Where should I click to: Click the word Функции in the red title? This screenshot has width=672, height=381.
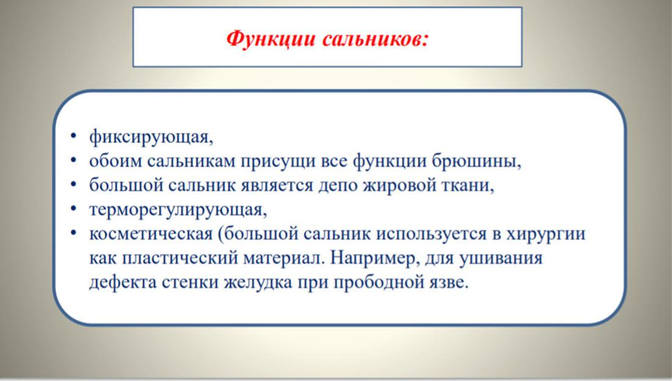tap(271, 39)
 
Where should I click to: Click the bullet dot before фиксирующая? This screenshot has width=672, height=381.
tap(74, 137)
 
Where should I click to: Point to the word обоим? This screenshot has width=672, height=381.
tap(115, 162)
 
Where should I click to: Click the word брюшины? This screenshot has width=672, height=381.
tap(476, 162)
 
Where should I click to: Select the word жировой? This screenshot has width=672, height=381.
tap(400, 186)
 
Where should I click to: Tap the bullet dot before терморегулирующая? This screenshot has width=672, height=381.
tap(74, 209)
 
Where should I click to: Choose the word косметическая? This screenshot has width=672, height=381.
tap(151, 234)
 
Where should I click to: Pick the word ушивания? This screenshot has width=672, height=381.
tap(500, 259)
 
